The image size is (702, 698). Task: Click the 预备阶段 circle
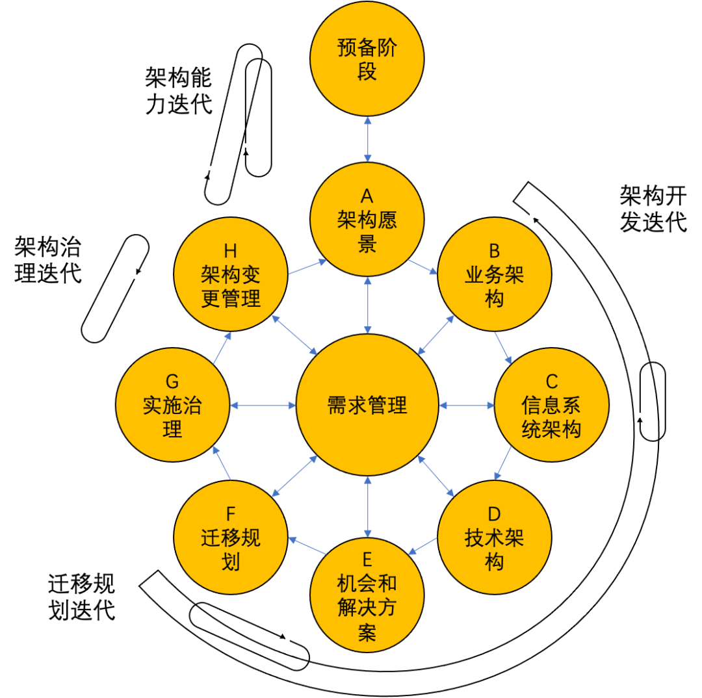tap(367, 58)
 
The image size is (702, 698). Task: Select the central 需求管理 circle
tap(367, 405)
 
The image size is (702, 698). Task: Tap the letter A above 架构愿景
tap(367, 196)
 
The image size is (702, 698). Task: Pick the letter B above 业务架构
tap(494, 251)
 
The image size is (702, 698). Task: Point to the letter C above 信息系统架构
tap(551, 381)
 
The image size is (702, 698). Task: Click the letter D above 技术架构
tap(494, 514)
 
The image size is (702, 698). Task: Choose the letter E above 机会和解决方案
tap(367, 560)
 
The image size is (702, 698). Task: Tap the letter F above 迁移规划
tap(231, 514)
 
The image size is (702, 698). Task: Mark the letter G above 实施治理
tap(172, 381)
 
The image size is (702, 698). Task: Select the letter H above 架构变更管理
tap(231, 251)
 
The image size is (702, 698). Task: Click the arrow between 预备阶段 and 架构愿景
tap(368, 139)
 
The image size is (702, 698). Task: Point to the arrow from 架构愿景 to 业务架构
tap(423, 267)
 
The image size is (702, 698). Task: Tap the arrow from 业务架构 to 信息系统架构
tap(503, 348)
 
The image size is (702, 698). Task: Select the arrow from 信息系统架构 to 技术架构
tap(502, 463)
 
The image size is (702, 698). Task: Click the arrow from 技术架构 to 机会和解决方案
tap(422, 546)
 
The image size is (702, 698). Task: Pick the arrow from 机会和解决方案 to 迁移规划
tap(307, 546)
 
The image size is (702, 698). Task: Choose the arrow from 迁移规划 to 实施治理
tap(222, 463)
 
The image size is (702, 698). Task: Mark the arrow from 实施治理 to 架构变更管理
tap(222, 348)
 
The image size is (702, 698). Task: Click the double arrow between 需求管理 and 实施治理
tap(263, 406)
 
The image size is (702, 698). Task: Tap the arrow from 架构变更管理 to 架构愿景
tap(307, 266)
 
